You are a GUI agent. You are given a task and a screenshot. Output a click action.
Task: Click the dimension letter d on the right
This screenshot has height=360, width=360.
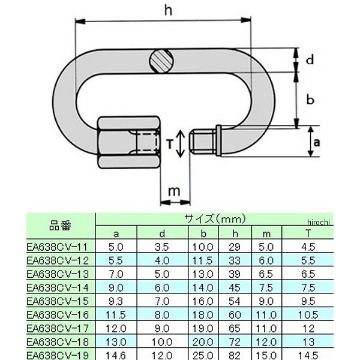coord(310,60)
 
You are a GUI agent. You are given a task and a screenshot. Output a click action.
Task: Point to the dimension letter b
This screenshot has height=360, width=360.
coord(310,100)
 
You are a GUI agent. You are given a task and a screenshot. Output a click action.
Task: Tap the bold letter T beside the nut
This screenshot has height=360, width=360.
coord(170,143)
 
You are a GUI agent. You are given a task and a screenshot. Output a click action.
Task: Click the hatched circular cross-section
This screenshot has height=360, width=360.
coord(162,60)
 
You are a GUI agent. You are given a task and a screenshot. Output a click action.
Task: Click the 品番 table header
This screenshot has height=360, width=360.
coord(60,226)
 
